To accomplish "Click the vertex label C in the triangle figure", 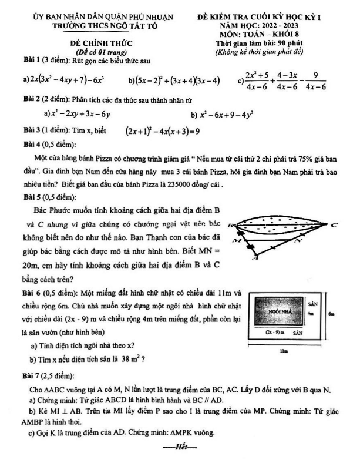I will (x=334, y=224).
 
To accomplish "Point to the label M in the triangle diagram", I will (x=236, y=241).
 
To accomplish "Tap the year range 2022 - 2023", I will (x=277, y=26).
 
